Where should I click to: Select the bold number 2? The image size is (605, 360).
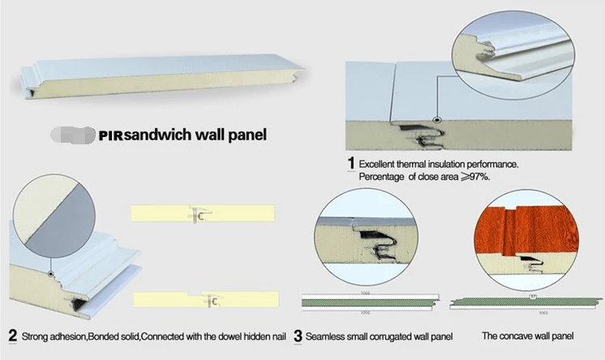click(x=12, y=335)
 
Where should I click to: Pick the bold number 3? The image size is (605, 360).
click(x=298, y=335)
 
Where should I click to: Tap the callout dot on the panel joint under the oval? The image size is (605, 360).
click(x=437, y=121)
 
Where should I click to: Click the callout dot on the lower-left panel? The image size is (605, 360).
click(x=50, y=275)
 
